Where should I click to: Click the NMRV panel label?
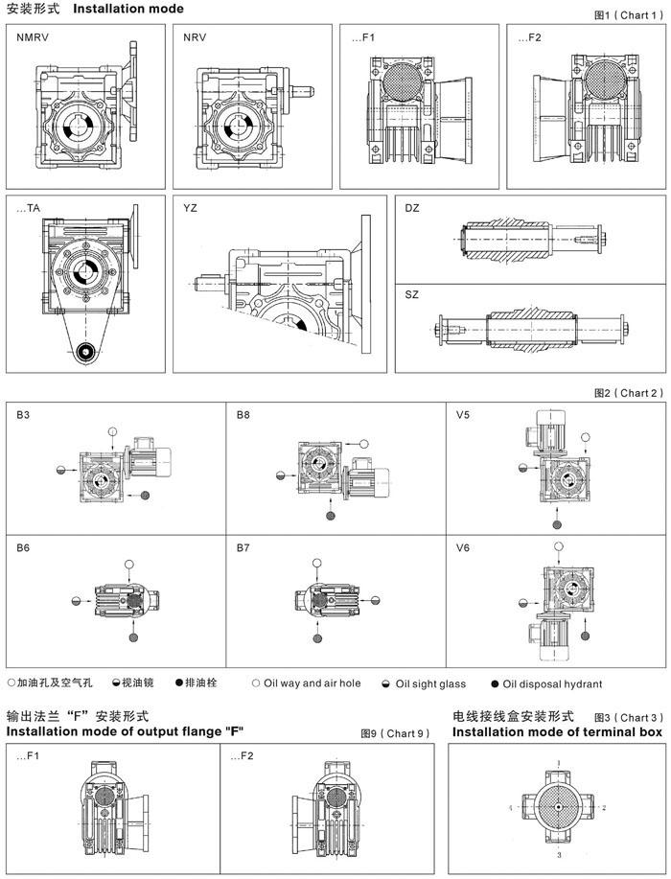pyautogui.click(x=33, y=37)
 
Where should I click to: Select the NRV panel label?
pyautogui.click(x=195, y=37)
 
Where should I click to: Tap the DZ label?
pyautogui.click(x=412, y=208)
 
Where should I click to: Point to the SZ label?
pyautogui.click(x=411, y=294)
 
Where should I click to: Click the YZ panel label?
pyautogui.click(x=190, y=208)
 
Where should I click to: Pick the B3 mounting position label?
pyautogui.click(x=23, y=415)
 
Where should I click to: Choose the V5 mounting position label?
pyautogui.click(x=463, y=415)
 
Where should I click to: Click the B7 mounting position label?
pyautogui.click(x=243, y=547)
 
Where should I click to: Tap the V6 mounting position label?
pyautogui.click(x=463, y=547)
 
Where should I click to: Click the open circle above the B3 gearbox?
pyautogui.click(x=113, y=431)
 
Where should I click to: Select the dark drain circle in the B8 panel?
pyautogui.click(x=331, y=515)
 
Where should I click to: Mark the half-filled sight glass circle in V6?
pyautogui.click(x=522, y=603)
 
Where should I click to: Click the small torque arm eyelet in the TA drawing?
pyautogui.click(x=85, y=352)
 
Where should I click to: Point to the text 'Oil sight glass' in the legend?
pyautogui.click(x=430, y=683)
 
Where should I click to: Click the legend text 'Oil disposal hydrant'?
pyautogui.click(x=552, y=683)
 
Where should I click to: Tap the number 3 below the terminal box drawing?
pyautogui.click(x=559, y=855)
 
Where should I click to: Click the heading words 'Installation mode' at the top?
pyautogui.click(x=128, y=9)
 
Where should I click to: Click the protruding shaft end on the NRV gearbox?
pyautogui.click(x=303, y=91)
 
